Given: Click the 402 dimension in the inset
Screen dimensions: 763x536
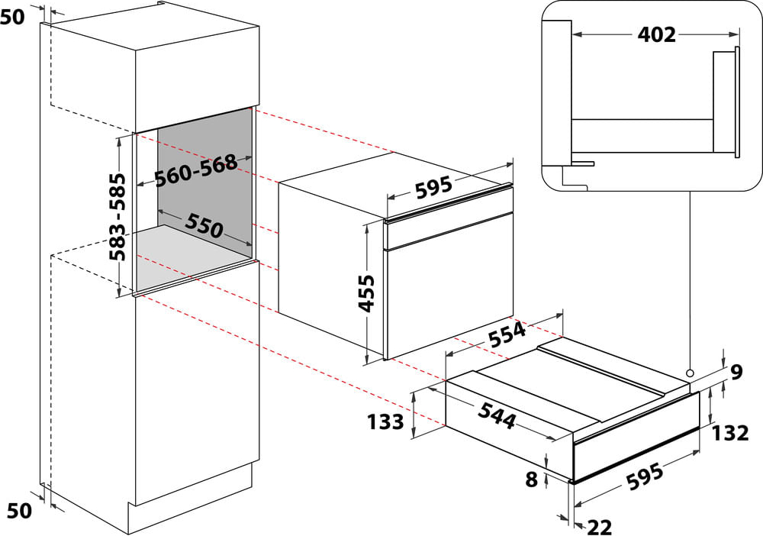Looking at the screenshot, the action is tap(657, 34).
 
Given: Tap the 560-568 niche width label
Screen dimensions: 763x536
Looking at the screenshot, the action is tap(195, 170).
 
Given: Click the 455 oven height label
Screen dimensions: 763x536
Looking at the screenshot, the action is tap(366, 293).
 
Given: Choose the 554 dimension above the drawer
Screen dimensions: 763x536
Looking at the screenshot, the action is tap(507, 334).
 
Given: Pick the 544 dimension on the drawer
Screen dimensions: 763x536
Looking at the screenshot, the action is tap(497, 415).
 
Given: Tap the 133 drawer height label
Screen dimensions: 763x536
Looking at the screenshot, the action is tap(385, 421).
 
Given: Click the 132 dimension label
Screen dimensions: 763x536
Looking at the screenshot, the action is tap(730, 433).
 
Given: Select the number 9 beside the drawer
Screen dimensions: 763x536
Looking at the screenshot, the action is tap(737, 373).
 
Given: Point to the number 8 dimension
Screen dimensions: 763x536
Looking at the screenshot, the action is tap(531, 479).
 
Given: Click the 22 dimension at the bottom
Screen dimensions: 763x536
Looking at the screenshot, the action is tap(600, 527).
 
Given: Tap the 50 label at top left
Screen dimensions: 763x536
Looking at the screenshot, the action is tap(12, 17).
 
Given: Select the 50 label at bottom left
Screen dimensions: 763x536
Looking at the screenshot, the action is tap(20, 511).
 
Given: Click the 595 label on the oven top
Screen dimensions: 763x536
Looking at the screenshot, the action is tap(434, 187).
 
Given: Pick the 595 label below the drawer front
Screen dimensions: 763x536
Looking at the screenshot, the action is tap(645, 476).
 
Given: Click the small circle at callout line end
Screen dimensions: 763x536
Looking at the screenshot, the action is tap(690, 373).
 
